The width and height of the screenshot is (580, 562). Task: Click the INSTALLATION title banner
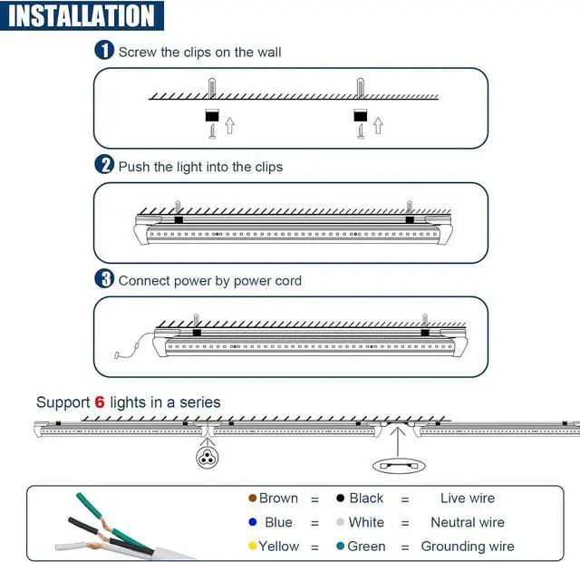tap(82, 15)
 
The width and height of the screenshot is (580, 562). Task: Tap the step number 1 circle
tap(105, 51)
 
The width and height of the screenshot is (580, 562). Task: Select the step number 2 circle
tap(105, 165)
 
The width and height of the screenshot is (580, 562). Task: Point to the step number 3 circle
tap(105, 279)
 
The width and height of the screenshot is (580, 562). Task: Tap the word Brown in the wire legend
tap(278, 498)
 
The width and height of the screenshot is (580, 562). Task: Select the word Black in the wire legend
tap(366, 498)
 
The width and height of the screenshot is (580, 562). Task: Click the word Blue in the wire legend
tap(278, 522)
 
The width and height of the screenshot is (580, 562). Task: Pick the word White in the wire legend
tap(366, 522)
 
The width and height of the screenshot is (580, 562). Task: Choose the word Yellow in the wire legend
tap(279, 547)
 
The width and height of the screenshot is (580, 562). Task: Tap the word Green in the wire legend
tap(367, 547)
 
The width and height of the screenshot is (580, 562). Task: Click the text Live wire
tap(467, 498)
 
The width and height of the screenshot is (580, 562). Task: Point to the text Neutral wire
tap(467, 522)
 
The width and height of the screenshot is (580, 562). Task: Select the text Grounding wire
tap(467, 547)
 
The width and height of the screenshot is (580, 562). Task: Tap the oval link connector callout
tap(397, 464)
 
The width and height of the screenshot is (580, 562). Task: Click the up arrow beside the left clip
tap(229, 124)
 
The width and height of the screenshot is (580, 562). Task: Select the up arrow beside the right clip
tap(378, 124)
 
